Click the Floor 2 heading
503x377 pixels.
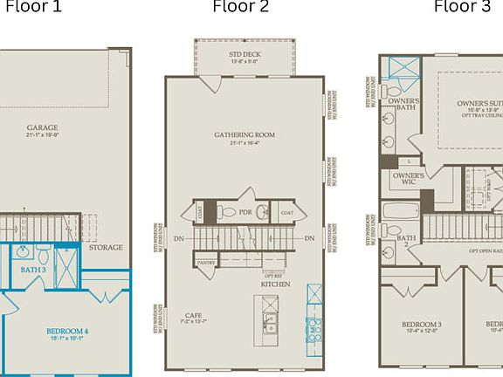click(x=241, y=8)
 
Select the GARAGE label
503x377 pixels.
click(x=42, y=127)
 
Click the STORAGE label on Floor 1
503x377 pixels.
click(x=105, y=247)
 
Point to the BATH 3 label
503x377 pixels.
click(x=33, y=271)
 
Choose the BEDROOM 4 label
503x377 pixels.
click(x=68, y=332)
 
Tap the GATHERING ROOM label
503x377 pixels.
click(x=245, y=135)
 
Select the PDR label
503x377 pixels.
click(x=245, y=212)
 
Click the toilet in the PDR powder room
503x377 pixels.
click(x=225, y=211)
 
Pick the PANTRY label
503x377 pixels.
click(x=206, y=262)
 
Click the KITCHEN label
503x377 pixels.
click(x=276, y=285)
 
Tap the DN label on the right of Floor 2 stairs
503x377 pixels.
click(x=309, y=238)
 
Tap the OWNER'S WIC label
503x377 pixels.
click(x=409, y=179)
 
